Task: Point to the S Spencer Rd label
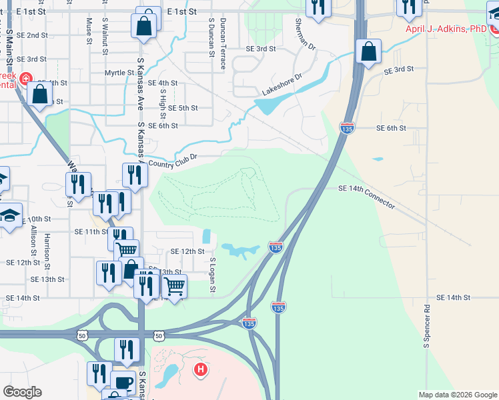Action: pos(426,327)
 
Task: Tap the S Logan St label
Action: pos(213,275)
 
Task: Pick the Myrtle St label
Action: pos(119,72)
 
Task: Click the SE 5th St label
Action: pos(183,108)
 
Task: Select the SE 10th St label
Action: pos(36,219)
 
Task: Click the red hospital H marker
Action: pos(199,369)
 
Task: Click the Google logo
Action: pos(22,392)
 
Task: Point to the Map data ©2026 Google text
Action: pos(458,395)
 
